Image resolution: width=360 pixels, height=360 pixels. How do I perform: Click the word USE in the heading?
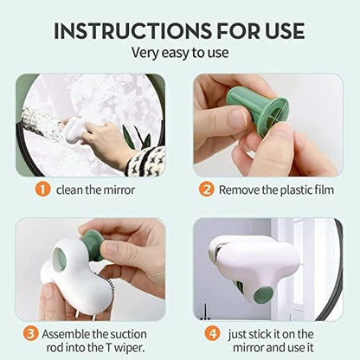pos(277,30)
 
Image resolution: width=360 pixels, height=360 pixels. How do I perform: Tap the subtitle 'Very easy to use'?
pos(180,54)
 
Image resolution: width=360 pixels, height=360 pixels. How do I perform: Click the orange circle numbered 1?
pos(41,189)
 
